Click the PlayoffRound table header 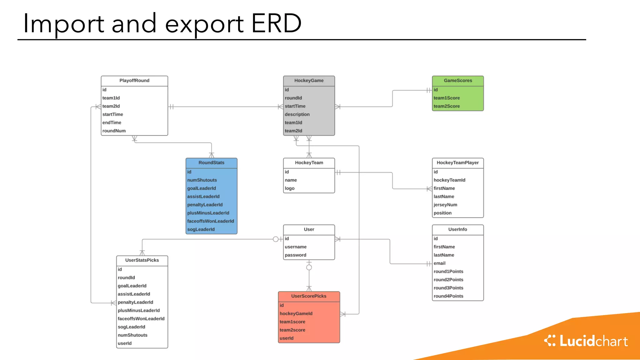(x=134, y=81)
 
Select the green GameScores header (x=458, y=81)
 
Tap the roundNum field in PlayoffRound (x=114, y=131)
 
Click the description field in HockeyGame (x=297, y=114)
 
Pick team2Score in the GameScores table (x=447, y=106)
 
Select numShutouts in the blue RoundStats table (x=202, y=180)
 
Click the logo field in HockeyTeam (x=290, y=188)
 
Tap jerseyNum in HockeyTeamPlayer (x=445, y=205)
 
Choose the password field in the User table (x=295, y=255)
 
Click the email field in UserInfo (x=439, y=263)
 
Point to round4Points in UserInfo (x=448, y=296)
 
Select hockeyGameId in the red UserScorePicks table (x=296, y=314)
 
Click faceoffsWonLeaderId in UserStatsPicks (x=141, y=319)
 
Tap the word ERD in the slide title (x=276, y=23)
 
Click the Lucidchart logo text (x=593, y=341)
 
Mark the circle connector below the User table (x=309, y=267)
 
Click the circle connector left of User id (x=276, y=239)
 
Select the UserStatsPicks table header (x=142, y=260)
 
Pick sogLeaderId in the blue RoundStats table (x=201, y=229)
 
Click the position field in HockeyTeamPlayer (x=442, y=213)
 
